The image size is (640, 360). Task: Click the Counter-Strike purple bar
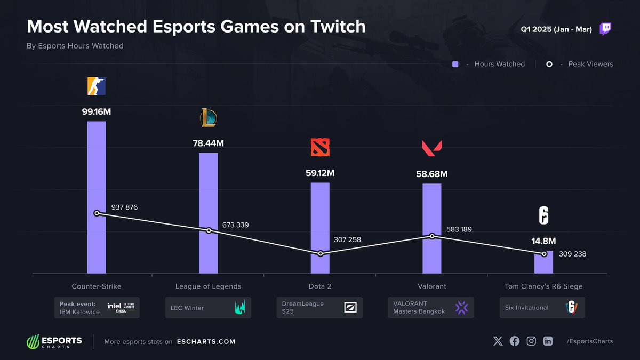point(97,160)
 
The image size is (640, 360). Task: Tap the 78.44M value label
point(208,143)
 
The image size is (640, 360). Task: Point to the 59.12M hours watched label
point(320,173)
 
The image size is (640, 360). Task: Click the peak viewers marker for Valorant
point(433,236)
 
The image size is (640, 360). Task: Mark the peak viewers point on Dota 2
point(321,254)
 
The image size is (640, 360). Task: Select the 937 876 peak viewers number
point(124,207)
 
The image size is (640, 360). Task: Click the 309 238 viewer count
point(572,254)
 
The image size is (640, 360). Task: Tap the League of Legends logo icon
point(208,118)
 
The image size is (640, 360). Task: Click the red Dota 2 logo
point(320,147)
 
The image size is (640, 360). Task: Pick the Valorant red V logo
point(431,148)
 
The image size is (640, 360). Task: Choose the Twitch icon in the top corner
point(605,29)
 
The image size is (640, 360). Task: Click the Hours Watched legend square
point(455,64)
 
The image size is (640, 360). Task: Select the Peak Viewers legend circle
point(550,64)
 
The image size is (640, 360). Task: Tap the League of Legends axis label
point(208,286)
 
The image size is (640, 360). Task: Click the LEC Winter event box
point(208,308)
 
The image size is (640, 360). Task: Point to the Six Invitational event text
point(526,308)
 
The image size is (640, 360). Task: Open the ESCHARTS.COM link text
point(206,341)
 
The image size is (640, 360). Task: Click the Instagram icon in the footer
point(531,341)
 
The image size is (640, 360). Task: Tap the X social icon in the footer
point(498,341)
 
